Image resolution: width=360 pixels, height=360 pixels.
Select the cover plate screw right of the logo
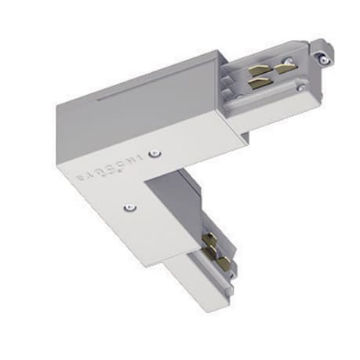[158, 153]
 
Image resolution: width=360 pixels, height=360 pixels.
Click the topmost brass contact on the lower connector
[209, 235]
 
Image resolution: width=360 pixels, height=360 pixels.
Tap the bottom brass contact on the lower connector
[223, 261]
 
